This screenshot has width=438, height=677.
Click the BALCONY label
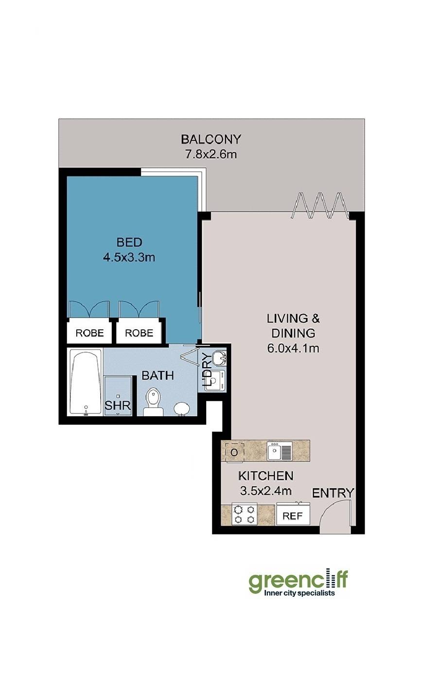[x=211, y=139]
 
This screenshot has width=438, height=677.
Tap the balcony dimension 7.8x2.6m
[x=211, y=155]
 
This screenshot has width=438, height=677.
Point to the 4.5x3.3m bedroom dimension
[x=129, y=257]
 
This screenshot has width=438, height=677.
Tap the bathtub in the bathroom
[x=86, y=382]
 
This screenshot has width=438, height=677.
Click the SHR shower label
[x=118, y=406]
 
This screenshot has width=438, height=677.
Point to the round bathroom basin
[x=182, y=409]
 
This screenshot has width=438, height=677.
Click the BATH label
[x=158, y=375]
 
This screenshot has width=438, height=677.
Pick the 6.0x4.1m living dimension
[x=293, y=349]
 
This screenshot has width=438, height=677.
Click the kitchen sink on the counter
[x=280, y=451]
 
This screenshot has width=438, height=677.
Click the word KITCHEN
[x=266, y=476]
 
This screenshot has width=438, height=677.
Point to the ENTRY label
[x=333, y=493]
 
